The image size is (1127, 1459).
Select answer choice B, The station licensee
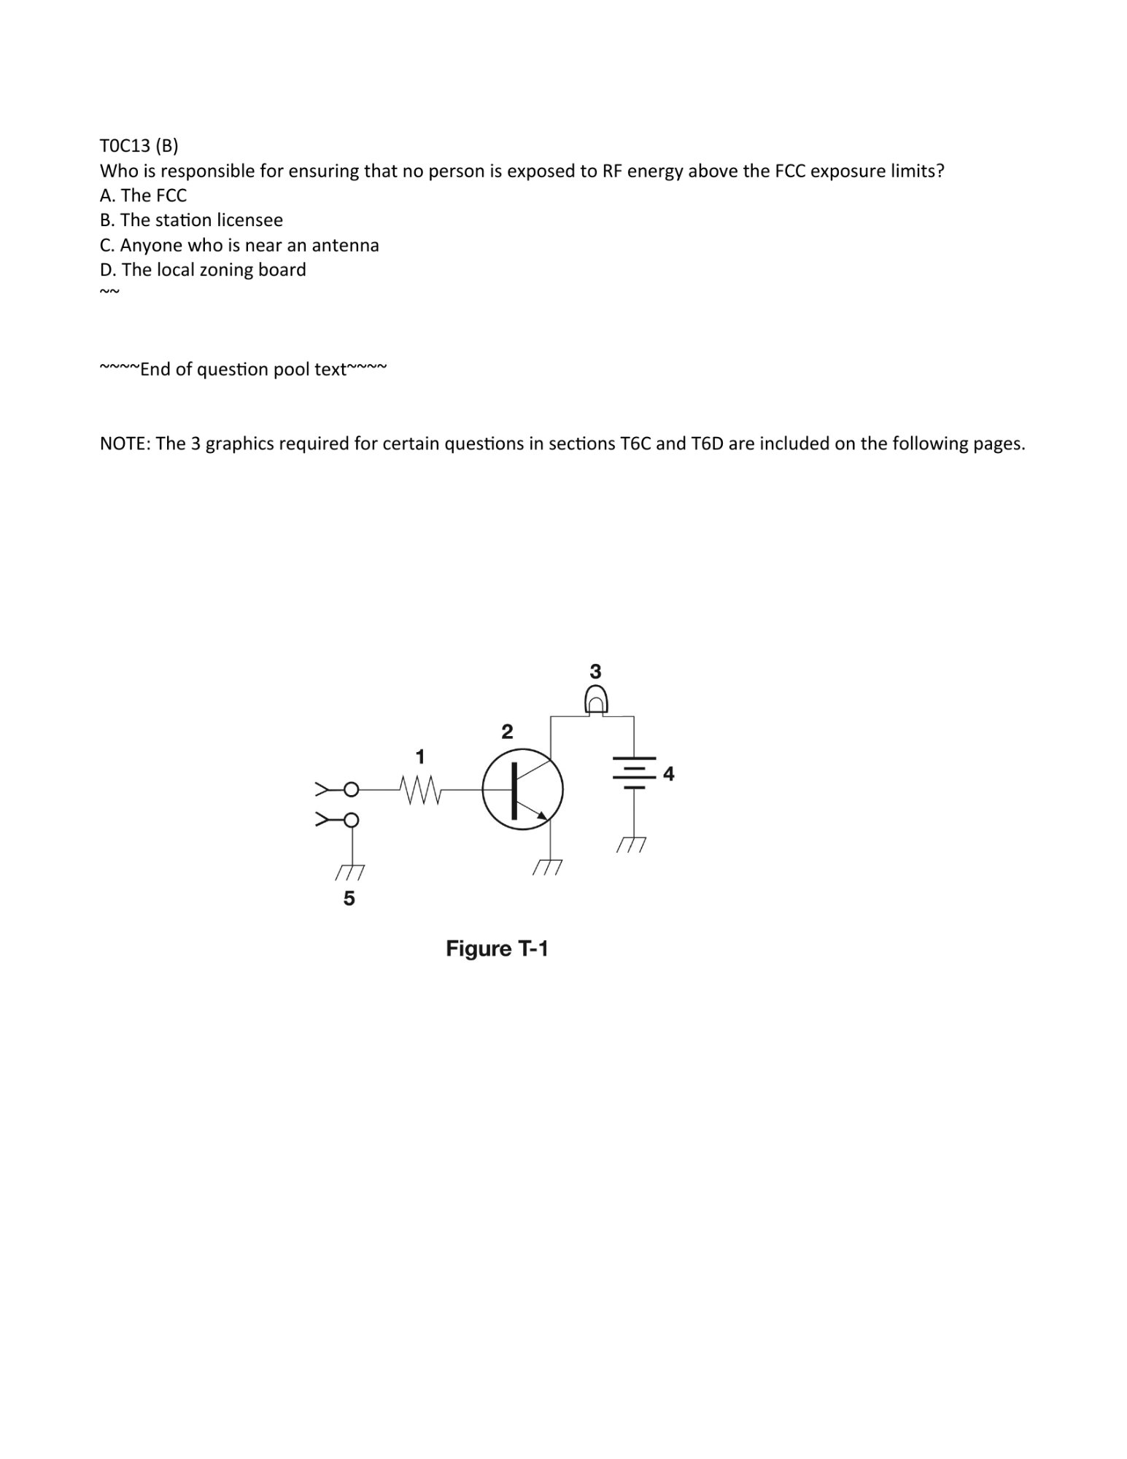(191, 220)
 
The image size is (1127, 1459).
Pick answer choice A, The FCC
(143, 196)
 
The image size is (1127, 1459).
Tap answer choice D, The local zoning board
(203, 270)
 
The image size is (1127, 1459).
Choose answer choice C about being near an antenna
(239, 245)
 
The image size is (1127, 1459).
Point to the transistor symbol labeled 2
(522, 789)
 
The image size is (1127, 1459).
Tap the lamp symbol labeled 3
(596, 702)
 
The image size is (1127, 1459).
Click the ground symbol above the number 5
(350, 872)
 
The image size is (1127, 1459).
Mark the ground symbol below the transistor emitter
(548, 867)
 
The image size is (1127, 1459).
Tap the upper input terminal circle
(351, 789)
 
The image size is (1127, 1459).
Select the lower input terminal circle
(351, 820)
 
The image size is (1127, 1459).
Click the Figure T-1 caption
(497, 949)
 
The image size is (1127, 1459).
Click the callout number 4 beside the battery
(668, 773)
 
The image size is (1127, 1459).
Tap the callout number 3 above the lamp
(595, 671)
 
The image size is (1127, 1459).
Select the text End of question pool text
(243, 369)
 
